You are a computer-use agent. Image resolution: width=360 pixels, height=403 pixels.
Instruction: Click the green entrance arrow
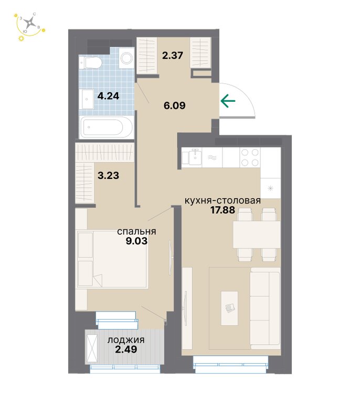228,101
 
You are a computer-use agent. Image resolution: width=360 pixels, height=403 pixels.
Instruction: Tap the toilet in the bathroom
90,62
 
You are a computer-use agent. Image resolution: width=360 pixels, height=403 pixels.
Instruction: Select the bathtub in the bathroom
106,127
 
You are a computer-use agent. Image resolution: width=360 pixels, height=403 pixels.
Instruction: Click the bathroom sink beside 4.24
87,99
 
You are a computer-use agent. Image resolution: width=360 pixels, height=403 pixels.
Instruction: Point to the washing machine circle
126,58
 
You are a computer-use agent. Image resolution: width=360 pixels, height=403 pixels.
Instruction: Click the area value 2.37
173,55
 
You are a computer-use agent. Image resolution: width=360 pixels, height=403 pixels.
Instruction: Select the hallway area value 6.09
174,105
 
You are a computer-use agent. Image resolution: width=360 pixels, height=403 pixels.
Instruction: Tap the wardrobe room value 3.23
108,176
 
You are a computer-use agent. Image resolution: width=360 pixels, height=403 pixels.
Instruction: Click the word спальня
136,231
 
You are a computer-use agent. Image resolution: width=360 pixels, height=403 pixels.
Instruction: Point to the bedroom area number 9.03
136,241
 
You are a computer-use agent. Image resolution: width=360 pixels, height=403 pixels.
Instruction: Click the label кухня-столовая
223,200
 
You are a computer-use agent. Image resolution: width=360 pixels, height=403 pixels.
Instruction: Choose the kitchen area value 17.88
223,210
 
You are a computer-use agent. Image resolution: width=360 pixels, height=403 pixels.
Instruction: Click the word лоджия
126,340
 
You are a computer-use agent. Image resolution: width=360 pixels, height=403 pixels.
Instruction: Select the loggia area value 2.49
126,349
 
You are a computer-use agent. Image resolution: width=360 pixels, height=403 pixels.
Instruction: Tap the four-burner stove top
250,157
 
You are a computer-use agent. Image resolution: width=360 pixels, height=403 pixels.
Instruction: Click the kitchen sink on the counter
195,157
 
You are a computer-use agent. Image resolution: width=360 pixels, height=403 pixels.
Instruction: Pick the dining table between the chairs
257,235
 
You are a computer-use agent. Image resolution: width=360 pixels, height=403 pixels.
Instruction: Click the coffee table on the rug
229,308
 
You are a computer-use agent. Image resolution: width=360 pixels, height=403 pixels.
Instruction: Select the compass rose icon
30,23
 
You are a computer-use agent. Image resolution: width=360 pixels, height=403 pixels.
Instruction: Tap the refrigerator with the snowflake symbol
270,188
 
